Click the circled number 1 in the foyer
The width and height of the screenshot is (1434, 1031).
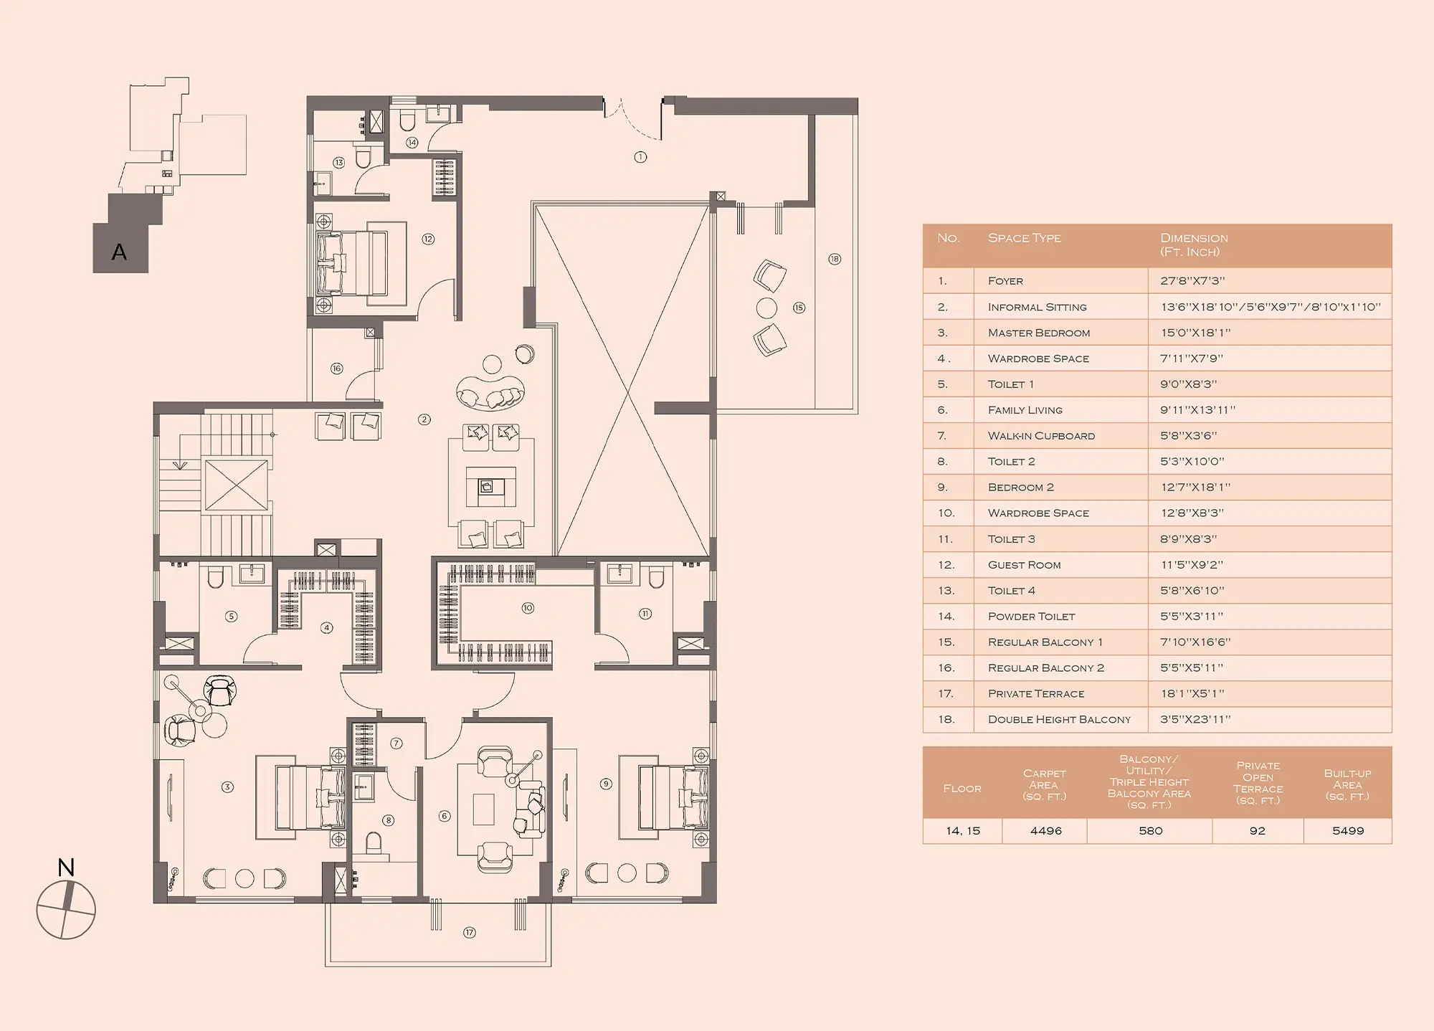(640, 157)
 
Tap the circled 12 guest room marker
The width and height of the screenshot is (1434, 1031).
(428, 239)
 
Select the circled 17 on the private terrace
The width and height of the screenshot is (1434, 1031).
(470, 933)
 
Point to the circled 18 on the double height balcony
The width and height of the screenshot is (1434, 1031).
(835, 259)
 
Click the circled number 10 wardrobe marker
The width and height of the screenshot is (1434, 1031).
(528, 608)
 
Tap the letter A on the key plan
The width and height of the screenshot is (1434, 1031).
(119, 252)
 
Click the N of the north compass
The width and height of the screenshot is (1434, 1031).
(66, 868)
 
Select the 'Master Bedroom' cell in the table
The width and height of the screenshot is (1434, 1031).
(1038, 333)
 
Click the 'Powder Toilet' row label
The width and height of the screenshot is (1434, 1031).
(1031, 617)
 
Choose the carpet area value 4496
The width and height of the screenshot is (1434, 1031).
(1045, 831)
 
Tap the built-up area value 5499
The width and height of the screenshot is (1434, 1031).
(1348, 831)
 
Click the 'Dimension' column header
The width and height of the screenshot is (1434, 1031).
(1194, 238)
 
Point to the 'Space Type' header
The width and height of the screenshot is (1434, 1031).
(1024, 238)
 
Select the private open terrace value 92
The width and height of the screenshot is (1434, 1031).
(1258, 831)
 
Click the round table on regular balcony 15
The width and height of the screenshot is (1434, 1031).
(766, 308)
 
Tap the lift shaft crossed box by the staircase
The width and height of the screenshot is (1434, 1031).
(236, 485)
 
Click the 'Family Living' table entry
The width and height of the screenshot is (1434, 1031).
(1025, 410)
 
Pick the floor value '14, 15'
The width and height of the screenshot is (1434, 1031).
(962, 831)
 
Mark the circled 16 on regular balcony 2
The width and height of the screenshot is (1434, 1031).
(336, 369)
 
